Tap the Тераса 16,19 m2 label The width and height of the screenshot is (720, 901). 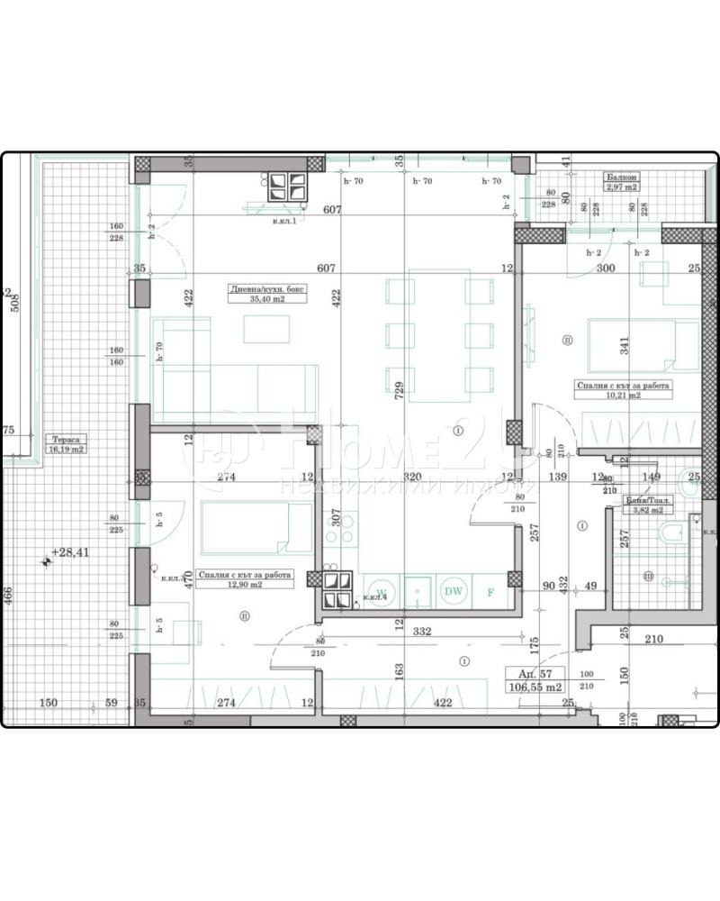coord(67,443)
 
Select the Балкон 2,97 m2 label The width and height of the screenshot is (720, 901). coord(622,184)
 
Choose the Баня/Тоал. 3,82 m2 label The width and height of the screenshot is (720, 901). coord(650,505)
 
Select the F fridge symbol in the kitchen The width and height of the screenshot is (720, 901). coord(490,592)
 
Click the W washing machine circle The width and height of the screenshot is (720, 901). coord(381,592)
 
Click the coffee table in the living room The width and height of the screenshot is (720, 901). coord(266,329)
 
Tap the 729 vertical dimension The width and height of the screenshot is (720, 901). coord(399,389)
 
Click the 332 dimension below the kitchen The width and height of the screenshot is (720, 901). coord(422,632)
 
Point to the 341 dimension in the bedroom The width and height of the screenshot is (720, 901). coord(624,344)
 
